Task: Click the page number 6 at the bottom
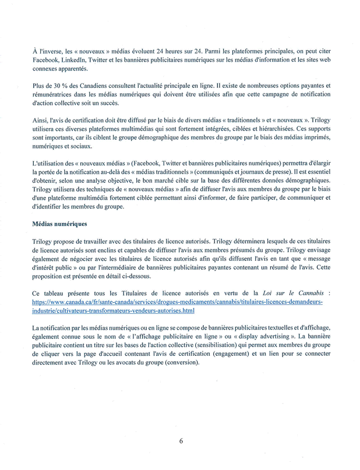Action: coord(181,440)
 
